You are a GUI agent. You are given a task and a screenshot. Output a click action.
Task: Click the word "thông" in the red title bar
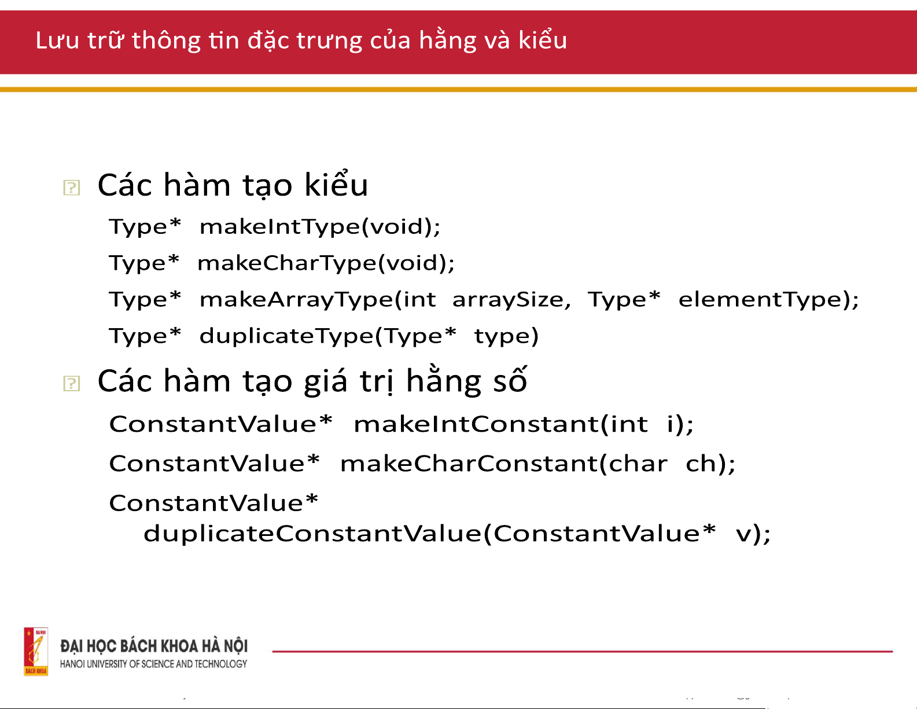166,41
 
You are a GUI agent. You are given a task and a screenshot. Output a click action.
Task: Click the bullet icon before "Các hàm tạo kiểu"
71,188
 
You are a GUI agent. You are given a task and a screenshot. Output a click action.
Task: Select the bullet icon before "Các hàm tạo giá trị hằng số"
71,383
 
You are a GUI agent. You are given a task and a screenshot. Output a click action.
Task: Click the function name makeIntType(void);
320,227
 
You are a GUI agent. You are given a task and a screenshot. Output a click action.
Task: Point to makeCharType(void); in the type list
326,263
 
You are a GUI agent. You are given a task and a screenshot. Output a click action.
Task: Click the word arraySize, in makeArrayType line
511,300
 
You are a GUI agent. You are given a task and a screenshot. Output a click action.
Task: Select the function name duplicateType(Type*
328,336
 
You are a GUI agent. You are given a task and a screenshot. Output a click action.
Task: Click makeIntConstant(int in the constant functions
501,424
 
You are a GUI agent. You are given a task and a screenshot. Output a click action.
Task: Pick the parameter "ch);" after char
710,464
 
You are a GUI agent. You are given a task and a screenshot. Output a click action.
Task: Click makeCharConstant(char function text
504,464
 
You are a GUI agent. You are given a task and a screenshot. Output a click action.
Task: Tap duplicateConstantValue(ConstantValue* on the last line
430,533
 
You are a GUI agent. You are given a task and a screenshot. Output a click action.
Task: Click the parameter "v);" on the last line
753,534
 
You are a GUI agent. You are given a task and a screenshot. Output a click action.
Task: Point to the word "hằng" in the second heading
444,382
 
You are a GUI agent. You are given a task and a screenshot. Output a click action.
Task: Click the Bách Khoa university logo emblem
36,651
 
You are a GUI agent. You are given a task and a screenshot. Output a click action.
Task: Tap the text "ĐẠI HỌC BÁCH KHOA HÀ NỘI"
154,646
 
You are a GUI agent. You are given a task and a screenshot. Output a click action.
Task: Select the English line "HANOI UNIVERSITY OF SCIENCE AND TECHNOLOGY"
154,664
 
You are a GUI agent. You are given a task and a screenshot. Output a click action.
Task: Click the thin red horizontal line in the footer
583,651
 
